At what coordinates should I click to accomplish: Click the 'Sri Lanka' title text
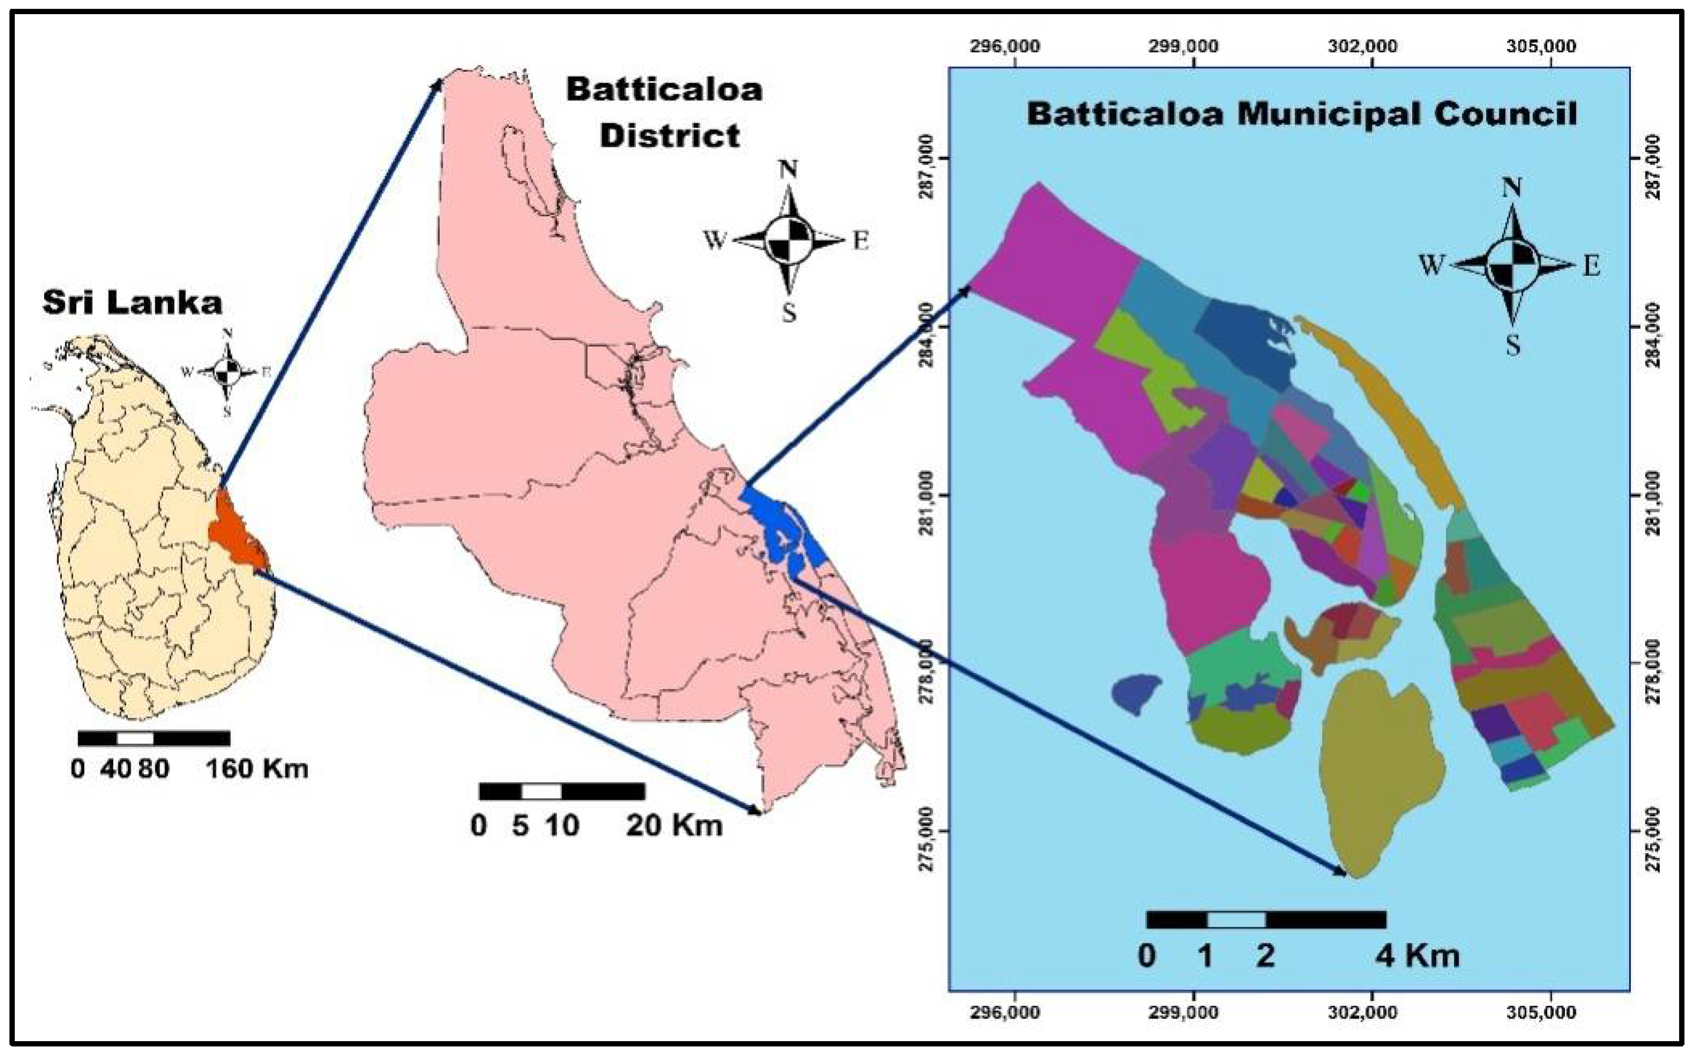(x=133, y=303)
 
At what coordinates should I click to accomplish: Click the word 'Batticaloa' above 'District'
(x=664, y=90)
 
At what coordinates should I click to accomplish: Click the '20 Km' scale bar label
(x=674, y=825)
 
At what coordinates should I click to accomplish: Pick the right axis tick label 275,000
(x=1669, y=831)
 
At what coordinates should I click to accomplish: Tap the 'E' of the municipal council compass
(x=1591, y=267)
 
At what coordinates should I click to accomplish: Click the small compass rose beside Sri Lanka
(x=227, y=372)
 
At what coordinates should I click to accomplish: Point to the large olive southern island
(x=1374, y=778)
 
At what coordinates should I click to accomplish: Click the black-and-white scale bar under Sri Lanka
(x=154, y=738)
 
